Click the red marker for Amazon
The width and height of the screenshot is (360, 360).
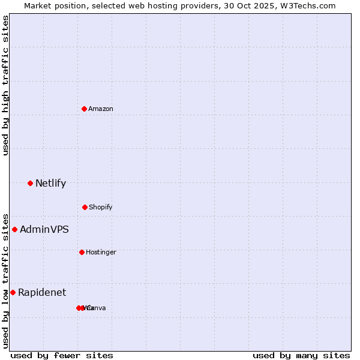84,109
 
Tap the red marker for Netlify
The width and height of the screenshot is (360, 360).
30,183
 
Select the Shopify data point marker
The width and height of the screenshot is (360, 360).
85,207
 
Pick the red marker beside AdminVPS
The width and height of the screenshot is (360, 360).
14,229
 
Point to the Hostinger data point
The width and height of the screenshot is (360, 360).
82,252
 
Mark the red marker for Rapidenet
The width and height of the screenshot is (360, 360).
13,292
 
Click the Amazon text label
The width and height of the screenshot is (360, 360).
101,109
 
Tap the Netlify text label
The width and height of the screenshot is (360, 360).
50,183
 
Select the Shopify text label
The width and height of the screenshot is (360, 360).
101,207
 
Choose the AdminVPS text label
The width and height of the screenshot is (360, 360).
44,229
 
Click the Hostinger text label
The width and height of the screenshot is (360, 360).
101,252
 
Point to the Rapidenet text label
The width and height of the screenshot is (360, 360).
42,292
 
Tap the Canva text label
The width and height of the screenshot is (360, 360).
97,308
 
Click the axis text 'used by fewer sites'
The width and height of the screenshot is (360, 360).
62,355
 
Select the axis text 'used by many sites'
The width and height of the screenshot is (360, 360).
301,355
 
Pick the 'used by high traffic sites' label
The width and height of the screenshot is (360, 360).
6,85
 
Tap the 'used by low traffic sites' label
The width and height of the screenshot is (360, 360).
6,280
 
